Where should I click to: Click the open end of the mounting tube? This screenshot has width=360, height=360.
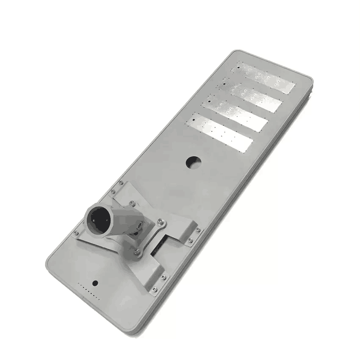pyautogui.click(x=96, y=219)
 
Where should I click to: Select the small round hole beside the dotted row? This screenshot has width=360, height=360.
pyautogui.click(x=95, y=283)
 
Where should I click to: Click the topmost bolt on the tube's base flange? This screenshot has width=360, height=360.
pyautogui.click(x=133, y=203)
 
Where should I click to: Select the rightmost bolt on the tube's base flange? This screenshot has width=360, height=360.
pyautogui.click(x=160, y=221)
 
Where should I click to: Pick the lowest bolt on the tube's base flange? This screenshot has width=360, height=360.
pyautogui.click(x=136, y=252)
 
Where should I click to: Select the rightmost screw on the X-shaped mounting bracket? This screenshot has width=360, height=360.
pyautogui.click(x=198, y=230)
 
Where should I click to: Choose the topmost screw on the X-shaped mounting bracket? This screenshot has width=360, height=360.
pyautogui.click(x=121, y=183)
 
